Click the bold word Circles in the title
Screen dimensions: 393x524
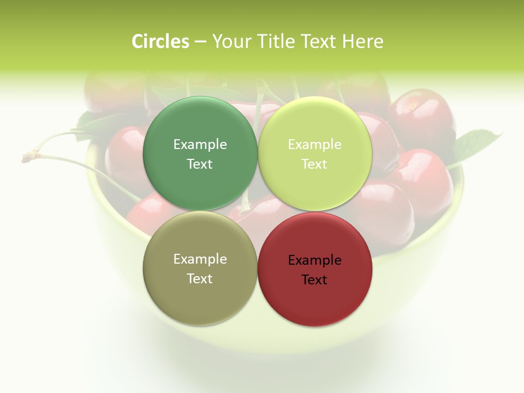coord(160,41)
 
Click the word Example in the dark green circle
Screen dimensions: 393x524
coord(200,145)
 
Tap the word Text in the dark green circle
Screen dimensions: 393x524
coord(200,164)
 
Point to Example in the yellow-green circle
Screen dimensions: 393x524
coord(315,145)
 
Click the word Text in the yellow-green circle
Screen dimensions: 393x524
coord(315,164)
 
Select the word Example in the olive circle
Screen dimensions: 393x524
coord(200,259)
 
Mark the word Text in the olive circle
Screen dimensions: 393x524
coord(200,279)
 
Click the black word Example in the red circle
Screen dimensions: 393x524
coord(315,260)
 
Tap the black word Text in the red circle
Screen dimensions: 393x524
coord(315,280)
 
